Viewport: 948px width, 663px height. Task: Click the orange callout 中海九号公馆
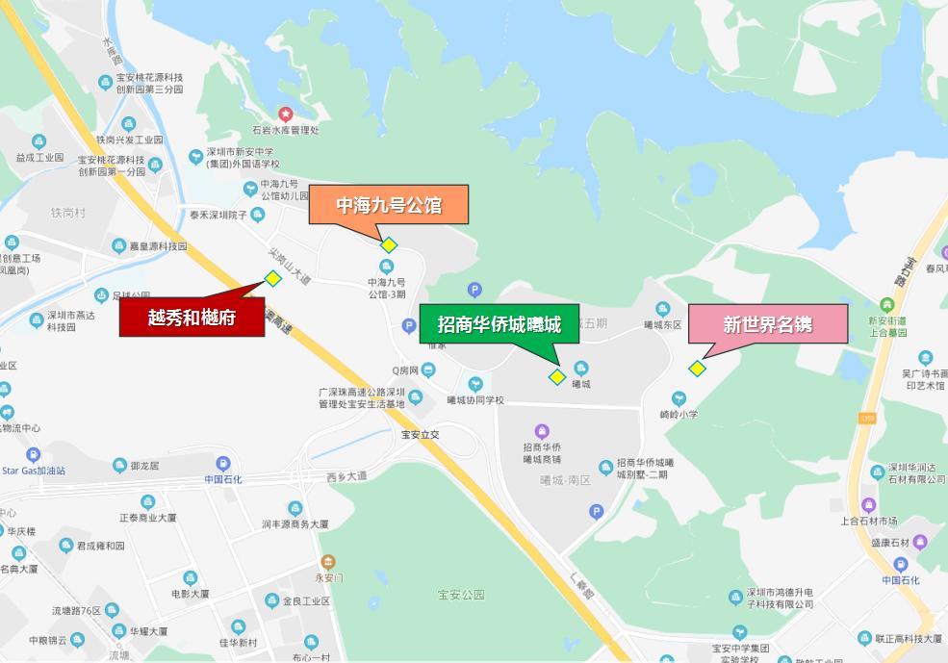(388, 205)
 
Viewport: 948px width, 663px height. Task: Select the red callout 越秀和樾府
(192, 317)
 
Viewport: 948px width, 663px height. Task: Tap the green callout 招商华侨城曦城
(499, 323)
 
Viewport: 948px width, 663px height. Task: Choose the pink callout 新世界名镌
(767, 324)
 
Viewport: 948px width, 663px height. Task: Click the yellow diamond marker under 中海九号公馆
(389, 245)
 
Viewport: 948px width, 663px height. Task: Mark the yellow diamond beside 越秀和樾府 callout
(273, 279)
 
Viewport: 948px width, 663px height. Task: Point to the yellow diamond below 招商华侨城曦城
(556, 376)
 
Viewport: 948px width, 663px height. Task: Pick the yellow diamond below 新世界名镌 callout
(697, 369)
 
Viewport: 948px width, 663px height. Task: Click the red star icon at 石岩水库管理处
(285, 115)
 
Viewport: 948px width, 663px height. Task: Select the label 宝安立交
(421, 435)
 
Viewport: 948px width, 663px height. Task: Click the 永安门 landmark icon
(329, 562)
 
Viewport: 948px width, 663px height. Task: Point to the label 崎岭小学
(679, 415)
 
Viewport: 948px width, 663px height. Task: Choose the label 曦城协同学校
(475, 400)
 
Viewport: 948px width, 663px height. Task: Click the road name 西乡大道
(346, 476)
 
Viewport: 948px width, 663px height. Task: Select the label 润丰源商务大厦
(295, 524)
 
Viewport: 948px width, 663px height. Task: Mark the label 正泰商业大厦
(147, 518)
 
